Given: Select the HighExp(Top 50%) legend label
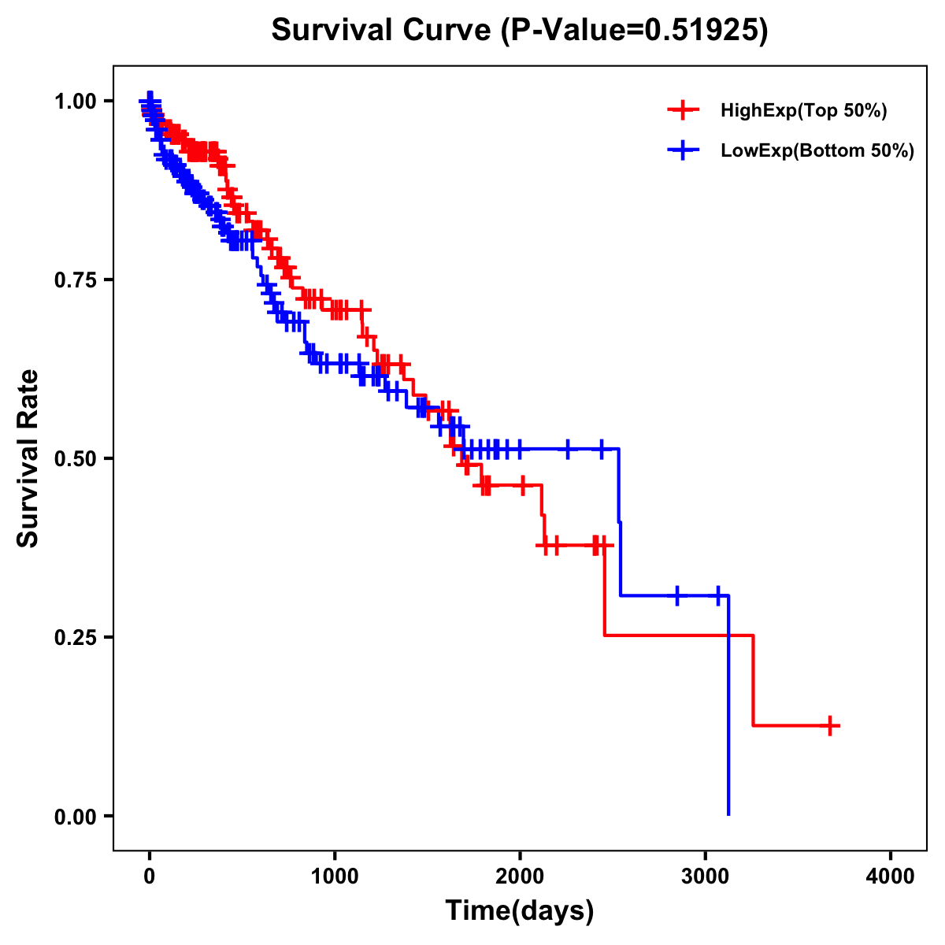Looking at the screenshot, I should [803, 111].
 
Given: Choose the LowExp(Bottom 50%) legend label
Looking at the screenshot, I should [817, 150].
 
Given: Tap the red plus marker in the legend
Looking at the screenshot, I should [683, 110].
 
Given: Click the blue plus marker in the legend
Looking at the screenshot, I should [683, 150].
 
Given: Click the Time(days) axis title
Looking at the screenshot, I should [520, 911].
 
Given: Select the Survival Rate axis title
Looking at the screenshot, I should [28, 458].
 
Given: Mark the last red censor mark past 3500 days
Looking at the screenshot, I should [830, 725].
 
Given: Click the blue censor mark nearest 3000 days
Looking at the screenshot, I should [718, 595].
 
